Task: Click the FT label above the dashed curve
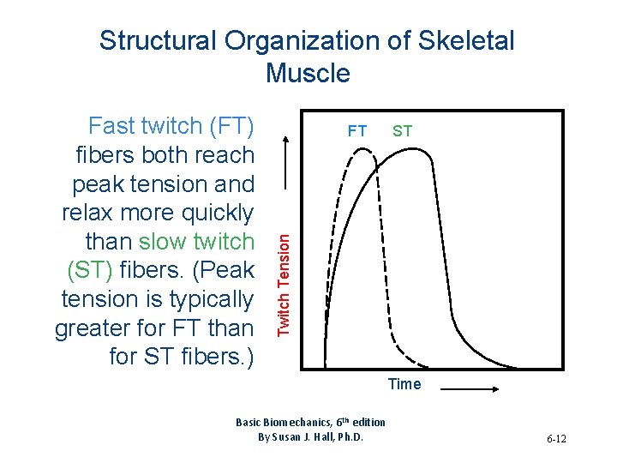[x=356, y=131]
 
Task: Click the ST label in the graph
[x=402, y=131]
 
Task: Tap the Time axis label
[x=404, y=384]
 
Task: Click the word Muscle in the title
[x=308, y=74]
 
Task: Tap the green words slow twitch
[x=197, y=241]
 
